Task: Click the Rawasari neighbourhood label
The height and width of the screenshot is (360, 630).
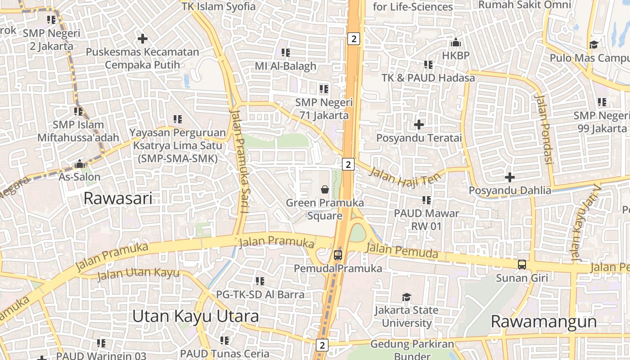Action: point(118,198)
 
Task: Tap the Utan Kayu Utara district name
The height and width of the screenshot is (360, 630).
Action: point(195,316)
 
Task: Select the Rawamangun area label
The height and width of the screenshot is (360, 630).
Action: point(544,322)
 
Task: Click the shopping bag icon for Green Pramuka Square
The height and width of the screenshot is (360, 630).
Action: point(325,189)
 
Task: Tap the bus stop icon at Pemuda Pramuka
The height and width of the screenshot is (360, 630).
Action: point(338,255)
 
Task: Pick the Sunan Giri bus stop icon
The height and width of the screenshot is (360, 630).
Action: point(522,265)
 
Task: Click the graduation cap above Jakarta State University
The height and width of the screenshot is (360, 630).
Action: point(406,297)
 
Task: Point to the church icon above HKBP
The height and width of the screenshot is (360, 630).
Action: point(455,43)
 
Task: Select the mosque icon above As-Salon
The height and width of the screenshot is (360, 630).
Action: point(80,164)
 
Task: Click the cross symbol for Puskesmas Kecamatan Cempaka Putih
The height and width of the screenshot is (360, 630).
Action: point(143,39)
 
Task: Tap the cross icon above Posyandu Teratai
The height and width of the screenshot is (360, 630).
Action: point(419,124)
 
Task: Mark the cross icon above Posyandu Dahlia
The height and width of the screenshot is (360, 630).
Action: point(509,177)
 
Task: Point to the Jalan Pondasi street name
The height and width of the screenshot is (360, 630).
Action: point(544,129)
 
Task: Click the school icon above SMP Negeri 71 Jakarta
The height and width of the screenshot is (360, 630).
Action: point(324,89)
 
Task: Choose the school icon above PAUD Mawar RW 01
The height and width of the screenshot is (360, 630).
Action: point(426,200)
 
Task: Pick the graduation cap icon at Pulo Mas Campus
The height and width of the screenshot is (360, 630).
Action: point(594,45)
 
